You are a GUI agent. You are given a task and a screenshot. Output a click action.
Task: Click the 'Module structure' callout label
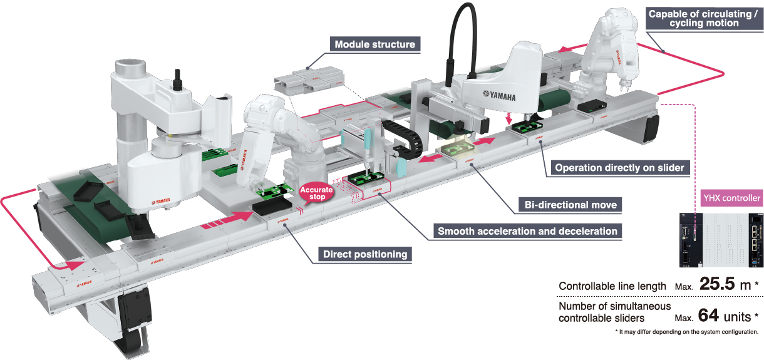(x=374, y=44)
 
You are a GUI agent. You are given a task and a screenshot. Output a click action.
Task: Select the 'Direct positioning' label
(x=364, y=254)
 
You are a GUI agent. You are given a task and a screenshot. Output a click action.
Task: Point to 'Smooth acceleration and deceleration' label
(x=527, y=231)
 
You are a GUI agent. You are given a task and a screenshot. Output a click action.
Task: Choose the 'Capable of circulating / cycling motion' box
(x=702, y=18)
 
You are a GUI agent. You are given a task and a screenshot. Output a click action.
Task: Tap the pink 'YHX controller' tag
(x=731, y=199)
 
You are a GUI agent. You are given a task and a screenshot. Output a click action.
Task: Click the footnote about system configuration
(x=686, y=331)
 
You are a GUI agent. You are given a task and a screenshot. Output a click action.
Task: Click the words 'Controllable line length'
(x=612, y=286)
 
